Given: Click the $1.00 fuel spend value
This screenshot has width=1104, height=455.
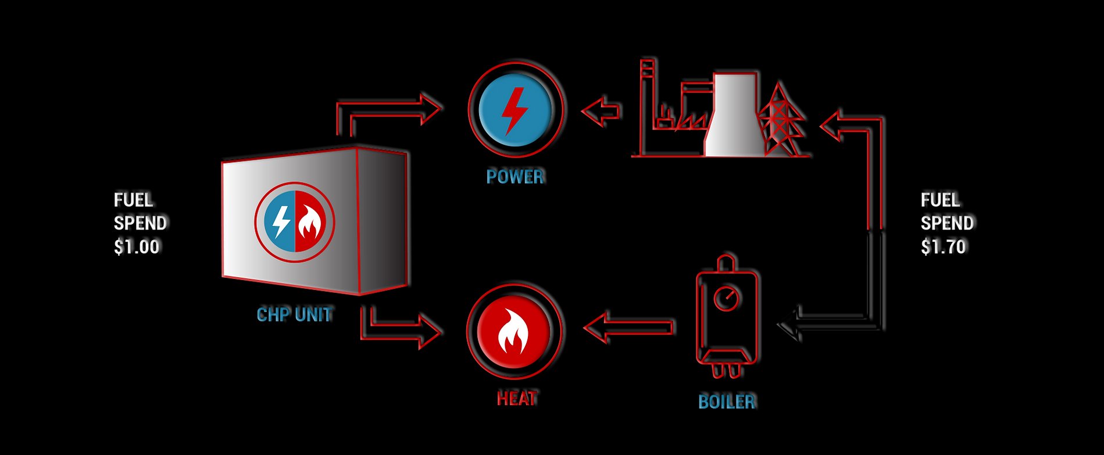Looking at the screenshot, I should coord(137,247).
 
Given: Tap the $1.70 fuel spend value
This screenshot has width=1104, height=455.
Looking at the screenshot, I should coord(943,247).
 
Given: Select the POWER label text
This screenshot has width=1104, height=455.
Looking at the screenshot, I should coord(515,177).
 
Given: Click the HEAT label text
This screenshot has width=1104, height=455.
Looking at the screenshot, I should coord(517,399).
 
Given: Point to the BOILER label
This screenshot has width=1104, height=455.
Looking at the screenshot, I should coord(727,402).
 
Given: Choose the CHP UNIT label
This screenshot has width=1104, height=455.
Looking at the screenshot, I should coord(295,315).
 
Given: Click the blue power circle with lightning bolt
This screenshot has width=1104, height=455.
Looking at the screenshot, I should coord(515,109).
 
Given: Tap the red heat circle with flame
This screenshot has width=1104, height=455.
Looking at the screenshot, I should coord(513,331).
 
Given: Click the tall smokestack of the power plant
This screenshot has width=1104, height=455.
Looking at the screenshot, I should coord(647,105).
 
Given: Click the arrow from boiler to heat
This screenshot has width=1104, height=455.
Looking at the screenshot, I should coord(628,328).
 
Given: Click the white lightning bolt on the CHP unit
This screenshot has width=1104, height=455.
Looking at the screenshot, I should coord(281,221).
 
